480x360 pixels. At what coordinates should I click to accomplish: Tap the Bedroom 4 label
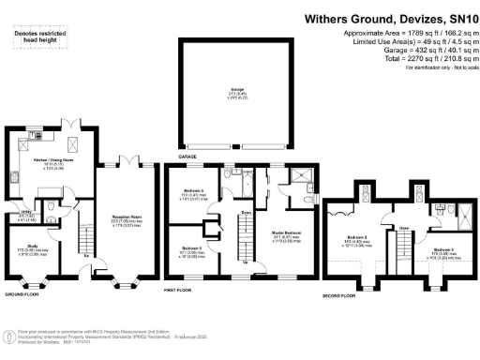click(x=194, y=195)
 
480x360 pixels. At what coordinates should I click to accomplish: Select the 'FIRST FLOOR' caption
click(x=186, y=292)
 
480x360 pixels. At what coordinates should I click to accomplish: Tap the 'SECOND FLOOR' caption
click(x=341, y=294)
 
